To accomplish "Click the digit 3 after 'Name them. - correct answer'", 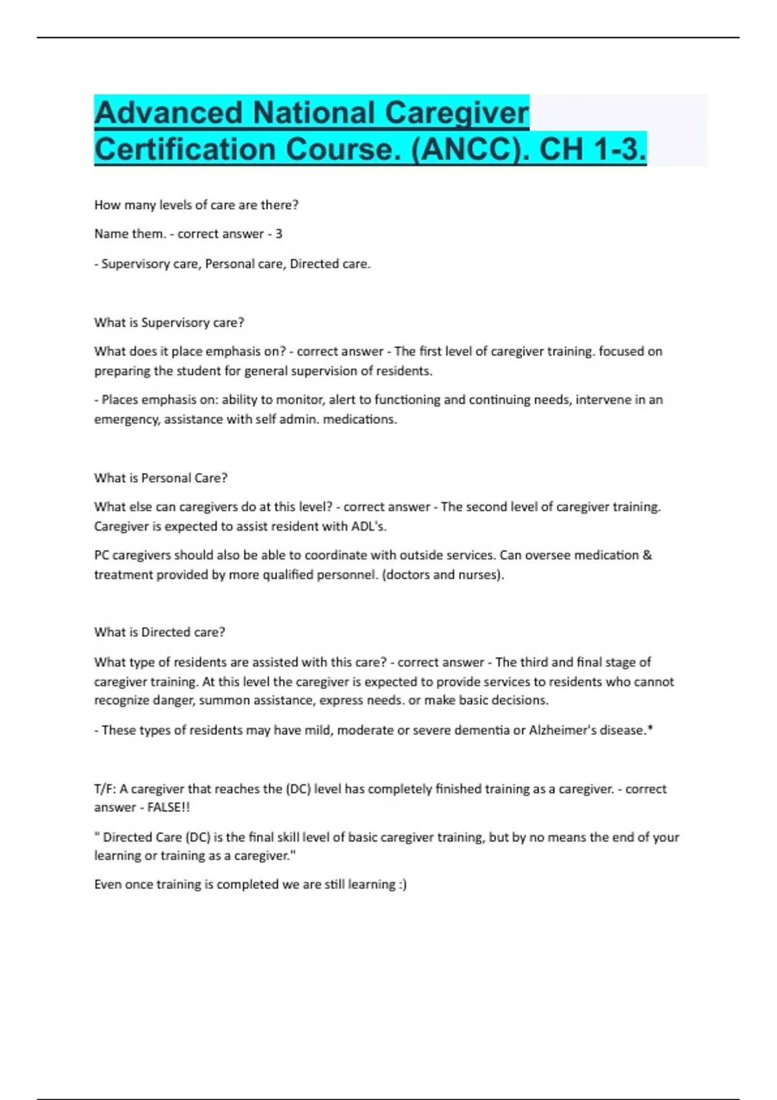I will [x=278, y=234].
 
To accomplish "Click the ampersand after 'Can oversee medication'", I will [x=647, y=555].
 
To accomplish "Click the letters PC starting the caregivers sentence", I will [x=102, y=555].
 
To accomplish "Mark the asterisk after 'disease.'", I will [x=650, y=729].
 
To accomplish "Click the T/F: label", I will [x=105, y=789].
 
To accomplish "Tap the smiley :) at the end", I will [x=402, y=885].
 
